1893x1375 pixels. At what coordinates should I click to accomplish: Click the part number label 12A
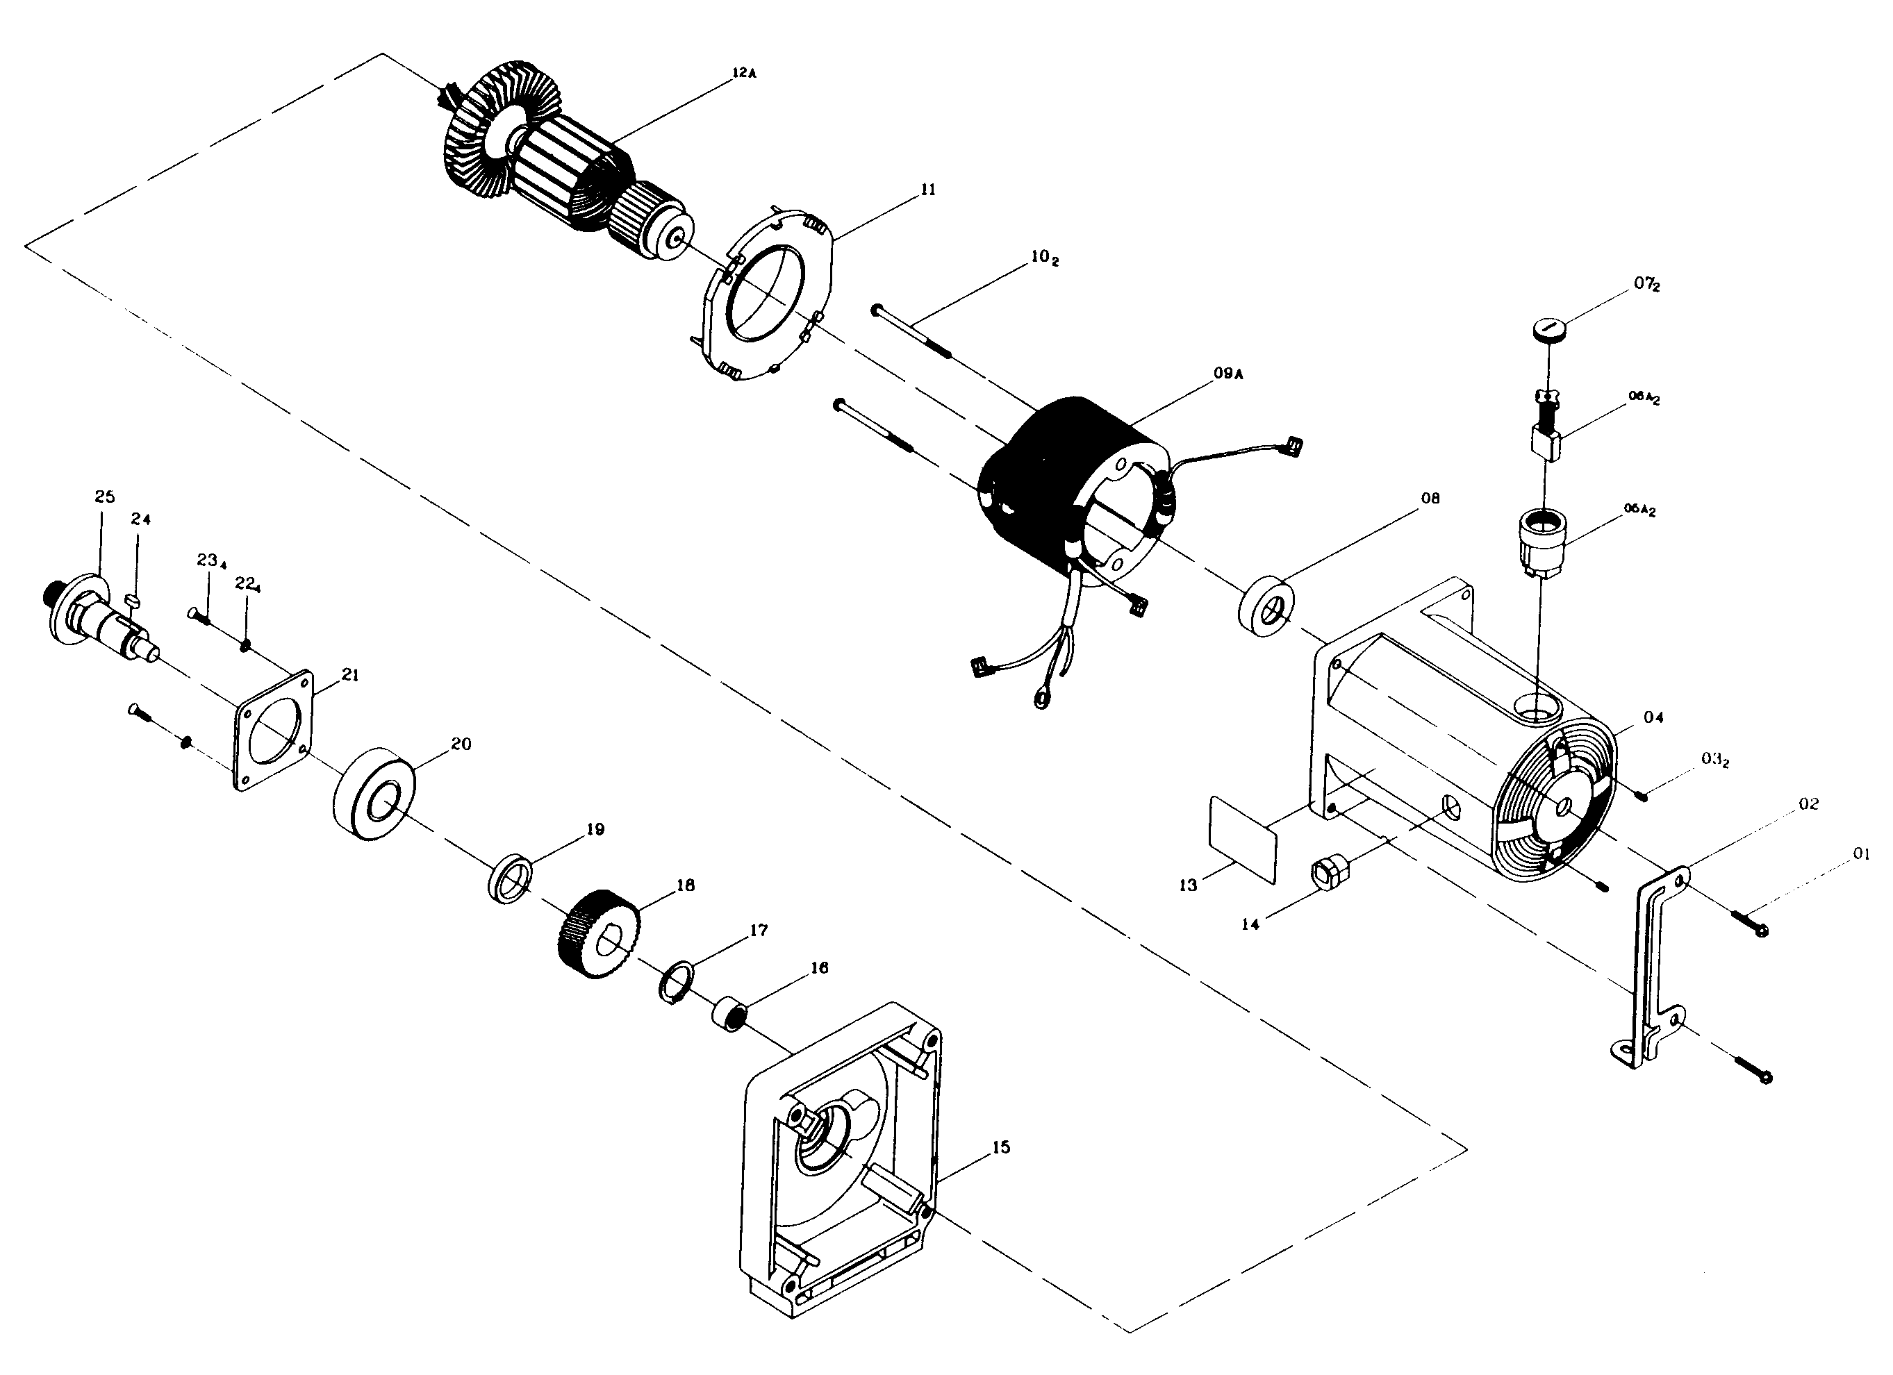pyautogui.click(x=744, y=74)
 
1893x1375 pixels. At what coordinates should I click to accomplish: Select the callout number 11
pyautogui.click(x=928, y=190)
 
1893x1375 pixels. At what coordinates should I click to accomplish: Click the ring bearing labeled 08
pyautogui.click(x=1266, y=605)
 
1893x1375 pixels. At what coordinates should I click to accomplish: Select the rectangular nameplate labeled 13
pyautogui.click(x=1243, y=838)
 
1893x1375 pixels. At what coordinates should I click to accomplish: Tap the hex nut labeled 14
pyautogui.click(x=1327, y=874)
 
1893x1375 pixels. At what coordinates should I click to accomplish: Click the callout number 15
pyautogui.click(x=1001, y=1147)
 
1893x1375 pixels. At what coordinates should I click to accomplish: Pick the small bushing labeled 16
pyautogui.click(x=728, y=1012)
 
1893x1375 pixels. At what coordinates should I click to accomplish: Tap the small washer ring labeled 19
pyautogui.click(x=510, y=878)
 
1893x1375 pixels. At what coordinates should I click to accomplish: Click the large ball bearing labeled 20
pyautogui.click(x=373, y=794)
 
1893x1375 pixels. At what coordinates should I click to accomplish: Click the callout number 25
pyautogui.click(x=104, y=497)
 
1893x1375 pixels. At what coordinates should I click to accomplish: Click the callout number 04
pyautogui.click(x=1653, y=717)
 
